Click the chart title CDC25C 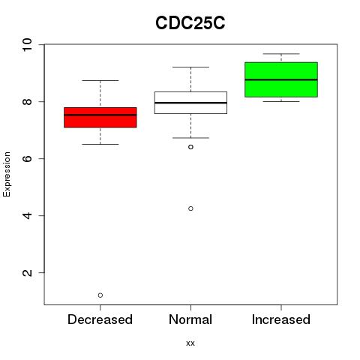pyautogui.click(x=190, y=23)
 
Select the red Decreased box pyautogui.click(x=100, y=118)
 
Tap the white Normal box pyautogui.click(x=190, y=103)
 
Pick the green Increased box pyautogui.click(x=281, y=79)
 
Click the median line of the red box pyautogui.click(x=100, y=115)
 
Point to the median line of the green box pyautogui.click(x=281, y=79)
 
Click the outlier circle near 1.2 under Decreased pyautogui.click(x=100, y=295)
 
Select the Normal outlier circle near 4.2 pyautogui.click(x=190, y=208)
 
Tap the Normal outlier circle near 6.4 pyautogui.click(x=190, y=147)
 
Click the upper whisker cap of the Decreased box pyautogui.click(x=100, y=80)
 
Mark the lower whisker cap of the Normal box pyautogui.click(x=190, y=138)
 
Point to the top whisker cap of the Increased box pyautogui.click(x=281, y=54)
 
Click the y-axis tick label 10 pyautogui.click(x=27, y=45)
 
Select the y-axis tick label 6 pyautogui.click(x=27, y=158)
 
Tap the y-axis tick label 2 pyautogui.click(x=27, y=272)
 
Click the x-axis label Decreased pyautogui.click(x=100, y=319)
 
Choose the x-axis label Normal pyautogui.click(x=190, y=319)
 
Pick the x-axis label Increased pyautogui.click(x=281, y=319)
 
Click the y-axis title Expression pyautogui.click(x=7, y=174)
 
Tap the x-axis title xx pyautogui.click(x=190, y=343)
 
